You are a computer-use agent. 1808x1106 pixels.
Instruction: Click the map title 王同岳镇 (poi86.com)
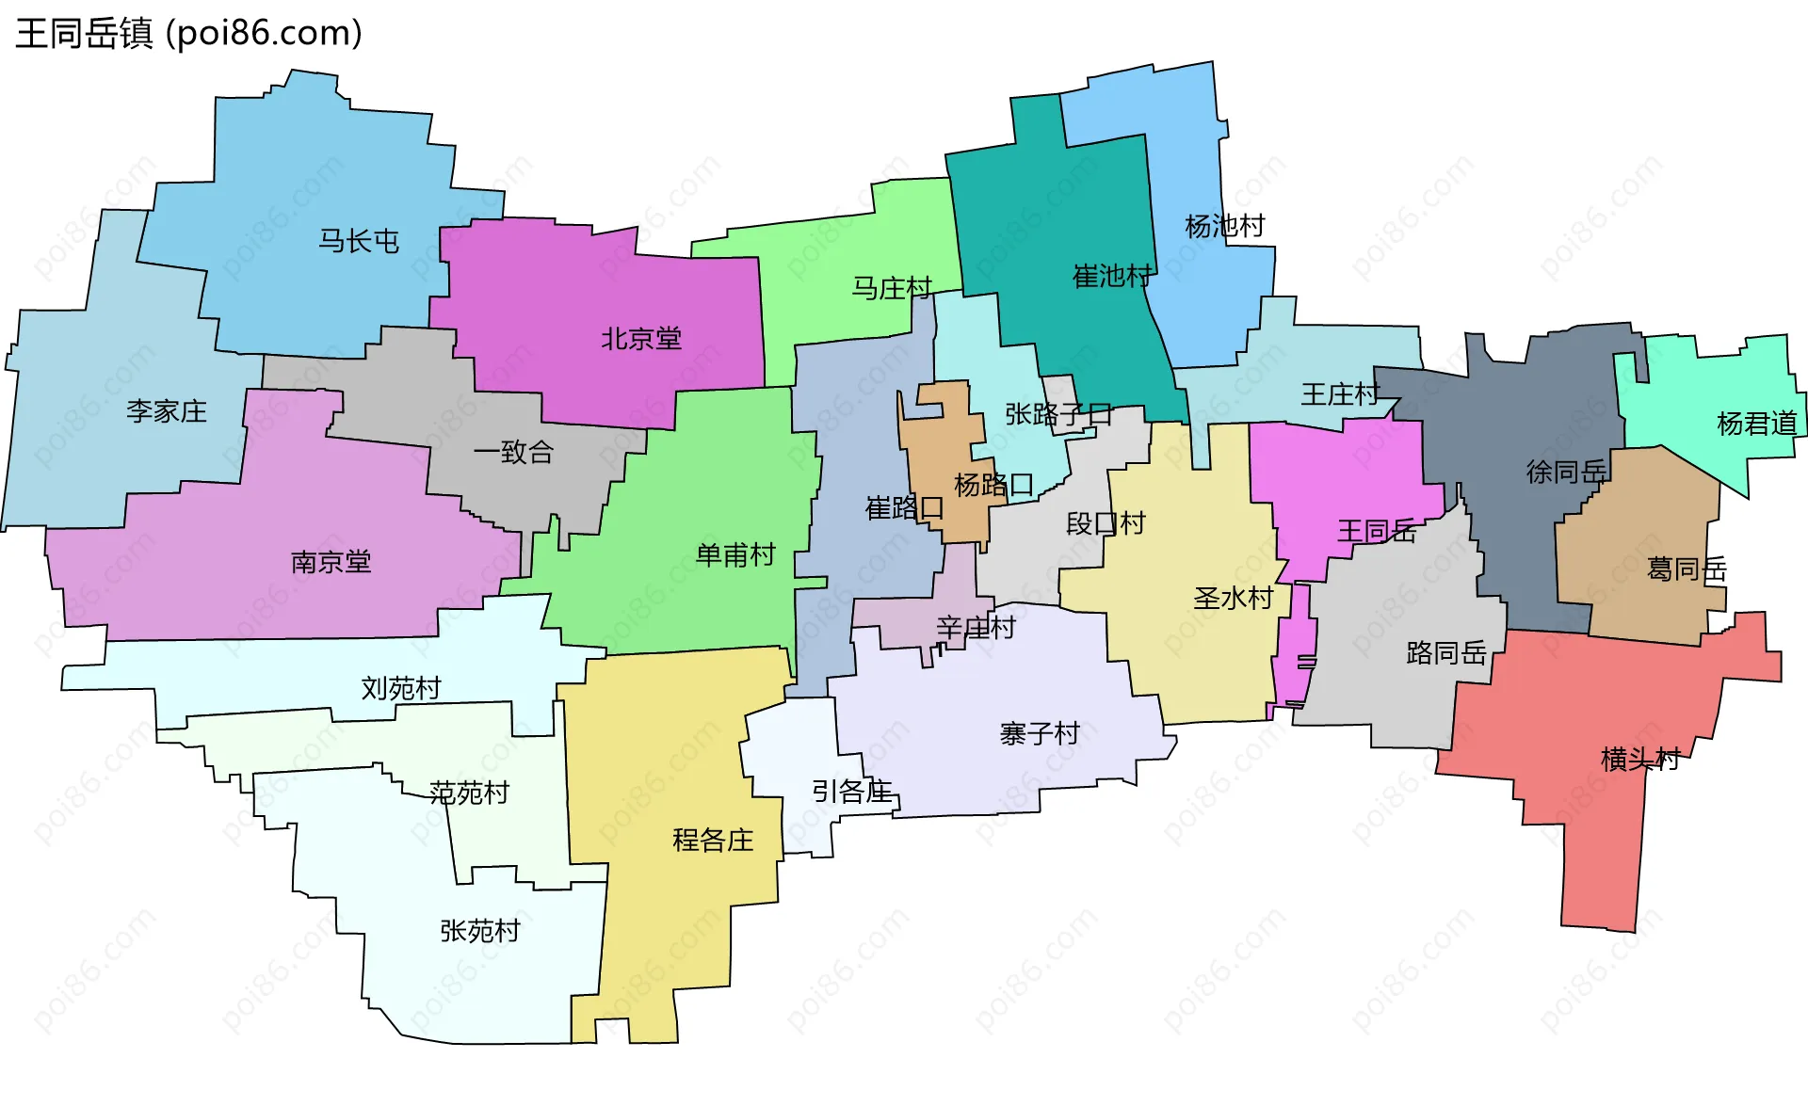point(188,34)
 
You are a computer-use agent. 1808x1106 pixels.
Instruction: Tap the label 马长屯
point(359,241)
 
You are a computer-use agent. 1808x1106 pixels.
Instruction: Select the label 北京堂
point(641,339)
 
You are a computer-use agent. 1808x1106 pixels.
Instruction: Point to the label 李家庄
point(167,411)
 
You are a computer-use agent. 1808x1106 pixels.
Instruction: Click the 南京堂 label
point(331,562)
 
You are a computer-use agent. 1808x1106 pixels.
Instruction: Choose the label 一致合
point(513,453)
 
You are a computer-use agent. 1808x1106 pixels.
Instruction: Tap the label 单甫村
point(735,554)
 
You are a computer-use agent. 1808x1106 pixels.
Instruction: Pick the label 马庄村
point(892,288)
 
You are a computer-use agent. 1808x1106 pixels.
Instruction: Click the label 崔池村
point(1112,276)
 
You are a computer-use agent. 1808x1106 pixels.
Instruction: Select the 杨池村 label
point(1225,226)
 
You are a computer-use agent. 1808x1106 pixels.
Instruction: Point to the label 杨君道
point(1757,424)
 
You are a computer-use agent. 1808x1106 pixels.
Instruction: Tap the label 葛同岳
point(1687,569)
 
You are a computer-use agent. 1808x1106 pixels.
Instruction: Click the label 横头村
point(1640,759)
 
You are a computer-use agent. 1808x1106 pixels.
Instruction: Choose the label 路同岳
point(1446,652)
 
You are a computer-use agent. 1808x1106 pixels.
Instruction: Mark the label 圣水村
point(1234,598)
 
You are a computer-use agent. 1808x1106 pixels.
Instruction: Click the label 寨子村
point(1040,733)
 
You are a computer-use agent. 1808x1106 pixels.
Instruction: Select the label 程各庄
point(713,840)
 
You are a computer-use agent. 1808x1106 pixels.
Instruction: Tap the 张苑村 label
point(480,931)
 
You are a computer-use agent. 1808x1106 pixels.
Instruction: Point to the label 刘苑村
point(401,688)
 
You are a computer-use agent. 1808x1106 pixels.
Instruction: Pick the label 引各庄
point(852,792)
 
